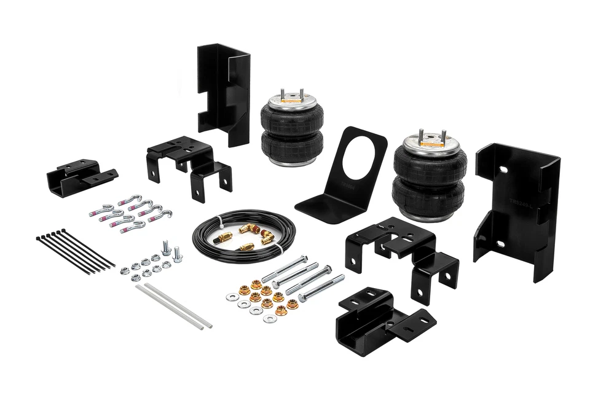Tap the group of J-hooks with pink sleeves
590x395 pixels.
[x=130, y=213]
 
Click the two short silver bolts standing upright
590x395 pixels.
[x=171, y=250]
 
